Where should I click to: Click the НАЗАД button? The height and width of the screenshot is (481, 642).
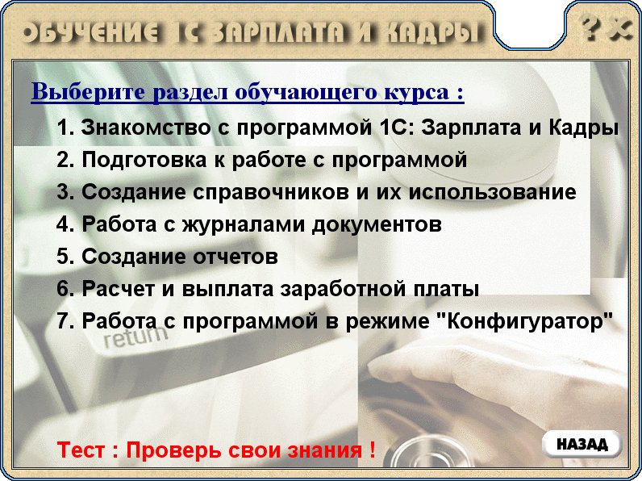582,444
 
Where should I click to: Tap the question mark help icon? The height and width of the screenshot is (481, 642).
591,29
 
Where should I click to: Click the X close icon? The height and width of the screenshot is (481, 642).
621,30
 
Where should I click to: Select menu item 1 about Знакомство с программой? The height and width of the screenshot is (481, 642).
337,128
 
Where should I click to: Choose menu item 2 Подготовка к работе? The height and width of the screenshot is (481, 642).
261,159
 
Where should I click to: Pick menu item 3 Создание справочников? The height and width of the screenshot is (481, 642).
316,192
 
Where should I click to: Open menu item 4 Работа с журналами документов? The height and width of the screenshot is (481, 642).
249,224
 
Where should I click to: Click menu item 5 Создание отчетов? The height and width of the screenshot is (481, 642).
167,257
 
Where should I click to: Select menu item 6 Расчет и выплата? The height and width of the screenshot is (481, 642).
268,289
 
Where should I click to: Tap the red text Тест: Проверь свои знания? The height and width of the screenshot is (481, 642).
216,450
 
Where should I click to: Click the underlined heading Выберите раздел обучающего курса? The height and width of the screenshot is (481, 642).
248,92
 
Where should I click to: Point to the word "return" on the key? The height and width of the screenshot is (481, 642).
135,337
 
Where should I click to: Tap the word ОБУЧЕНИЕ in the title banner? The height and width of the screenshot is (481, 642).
91,32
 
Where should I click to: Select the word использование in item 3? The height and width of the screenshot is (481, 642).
493,192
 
